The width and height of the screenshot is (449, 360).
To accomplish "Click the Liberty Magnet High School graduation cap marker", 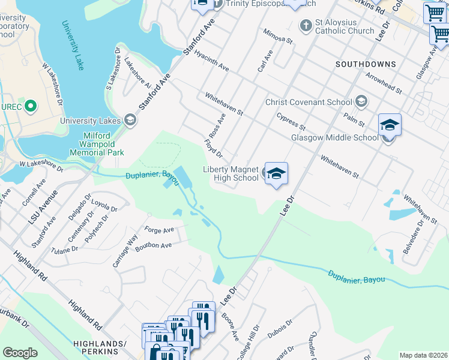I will pyautogui.click(x=276, y=174).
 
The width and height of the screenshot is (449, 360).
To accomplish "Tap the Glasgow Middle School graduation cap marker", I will pyautogui.click(x=390, y=125).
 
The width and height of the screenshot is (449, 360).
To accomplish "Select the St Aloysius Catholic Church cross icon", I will pyautogui.click(x=306, y=26).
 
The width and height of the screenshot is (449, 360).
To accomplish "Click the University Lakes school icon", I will pyautogui.click(x=130, y=119).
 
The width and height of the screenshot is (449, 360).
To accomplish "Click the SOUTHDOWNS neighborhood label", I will pyautogui.click(x=366, y=64).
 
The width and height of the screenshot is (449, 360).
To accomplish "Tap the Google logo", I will pyautogui.click(x=20, y=353).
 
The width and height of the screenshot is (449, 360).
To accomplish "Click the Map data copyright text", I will pyautogui.click(x=423, y=355).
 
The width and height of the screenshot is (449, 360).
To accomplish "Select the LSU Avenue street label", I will pyautogui.click(x=42, y=207).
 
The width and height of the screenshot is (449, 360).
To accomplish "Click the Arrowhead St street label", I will pyautogui.click(x=383, y=83).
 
